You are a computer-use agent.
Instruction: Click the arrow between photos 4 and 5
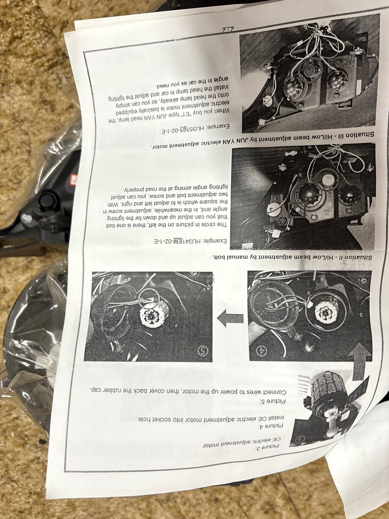click(x=230, y=318)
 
